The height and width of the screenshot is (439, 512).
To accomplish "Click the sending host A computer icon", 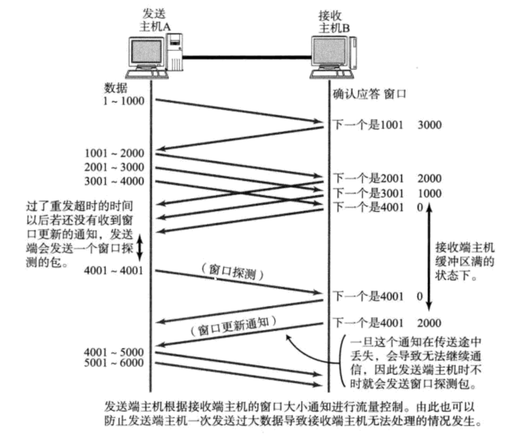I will [x=154, y=56].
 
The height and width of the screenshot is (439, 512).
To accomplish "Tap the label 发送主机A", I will [x=155, y=20].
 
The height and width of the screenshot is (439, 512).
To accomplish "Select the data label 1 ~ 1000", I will [x=124, y=101].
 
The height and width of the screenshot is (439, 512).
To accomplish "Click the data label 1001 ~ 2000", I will [x=114, y=153].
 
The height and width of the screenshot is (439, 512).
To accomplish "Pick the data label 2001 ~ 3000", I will [x=114, y=167].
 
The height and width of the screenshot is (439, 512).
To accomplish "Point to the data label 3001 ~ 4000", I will [x=114, y=182].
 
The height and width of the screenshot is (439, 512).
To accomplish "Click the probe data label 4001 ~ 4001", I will [x=114, y=271].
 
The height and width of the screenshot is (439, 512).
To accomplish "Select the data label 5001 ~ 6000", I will [x=114, y=363].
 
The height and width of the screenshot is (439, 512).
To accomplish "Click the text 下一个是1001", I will [x=368, y=125].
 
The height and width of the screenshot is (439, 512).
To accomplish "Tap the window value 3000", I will [x=430, y=125].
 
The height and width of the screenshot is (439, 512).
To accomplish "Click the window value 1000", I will [x=430, y=193].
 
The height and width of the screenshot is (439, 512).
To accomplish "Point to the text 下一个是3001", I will [x=368, y=193].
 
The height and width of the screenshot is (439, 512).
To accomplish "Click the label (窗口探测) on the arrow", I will [x=232, y=272].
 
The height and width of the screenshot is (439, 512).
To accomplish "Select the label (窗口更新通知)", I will [x=233, y=326].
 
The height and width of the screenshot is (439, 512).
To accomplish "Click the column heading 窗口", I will [x=395, y=94].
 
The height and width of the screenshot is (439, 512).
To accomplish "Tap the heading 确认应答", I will [x=356, y=94].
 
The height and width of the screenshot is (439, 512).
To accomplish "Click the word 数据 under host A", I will [x=116, y=88].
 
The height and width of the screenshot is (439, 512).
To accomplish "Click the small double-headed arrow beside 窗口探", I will [x=139, y=248].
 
